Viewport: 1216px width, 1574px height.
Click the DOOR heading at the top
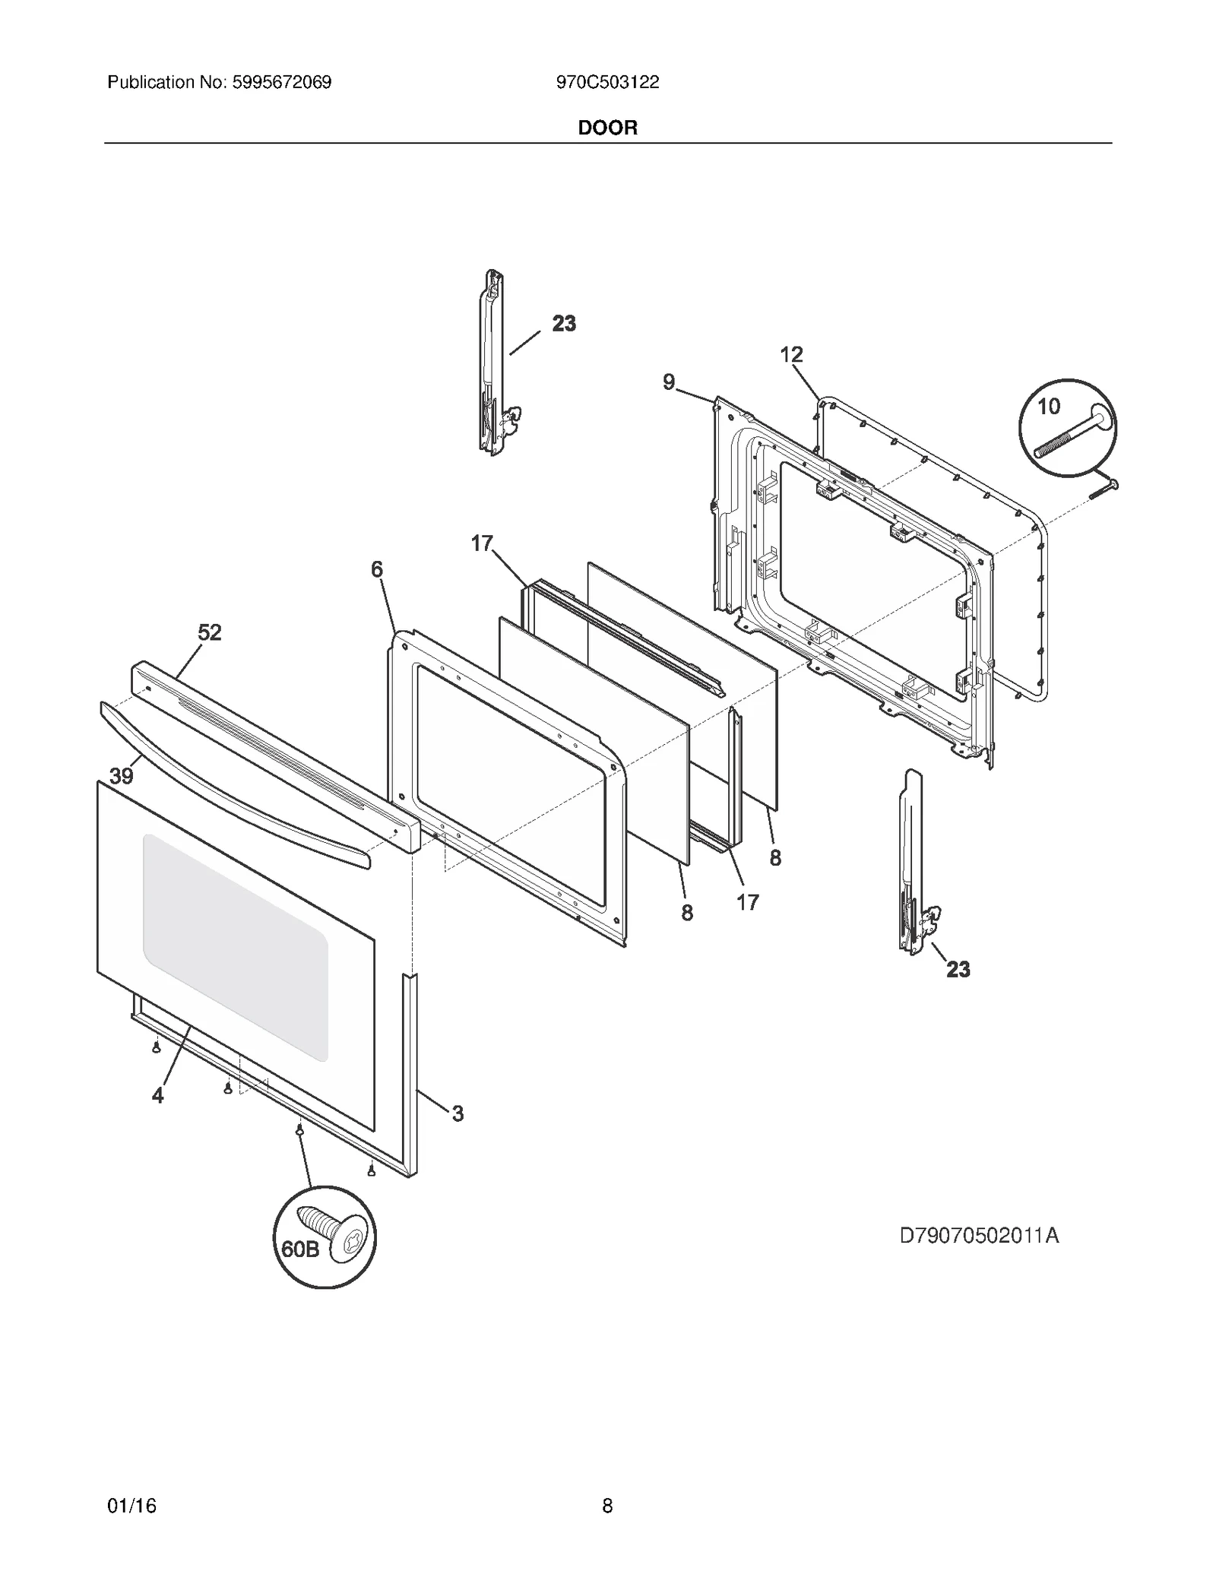[x=607, y=128]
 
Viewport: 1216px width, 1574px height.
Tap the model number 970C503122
[x=607, y=82]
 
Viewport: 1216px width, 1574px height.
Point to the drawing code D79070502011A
[x=979, y=1236]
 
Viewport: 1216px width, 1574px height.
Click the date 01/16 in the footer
[x=132, y=1506]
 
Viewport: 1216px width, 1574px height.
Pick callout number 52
[x=210, y=632]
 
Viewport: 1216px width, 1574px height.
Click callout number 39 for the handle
[x=122, y=776]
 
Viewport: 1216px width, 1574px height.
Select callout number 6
[x=377, y=569]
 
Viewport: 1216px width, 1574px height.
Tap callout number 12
[x=791, y=354]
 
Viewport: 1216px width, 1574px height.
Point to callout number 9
[x=669, y=382]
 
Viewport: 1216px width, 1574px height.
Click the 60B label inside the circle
[x=301, y=1249]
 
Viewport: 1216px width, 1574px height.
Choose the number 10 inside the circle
[x=1049, y=407]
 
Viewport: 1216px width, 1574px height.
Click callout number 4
[x=158, y=1095]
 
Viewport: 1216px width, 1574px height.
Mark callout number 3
[x=458, y=1114]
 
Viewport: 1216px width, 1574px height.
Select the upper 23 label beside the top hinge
[x=564, y=324]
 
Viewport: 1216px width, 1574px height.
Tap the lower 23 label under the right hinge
[x=958, y=970]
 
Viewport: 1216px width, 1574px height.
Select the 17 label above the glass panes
[x=482, y=543]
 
